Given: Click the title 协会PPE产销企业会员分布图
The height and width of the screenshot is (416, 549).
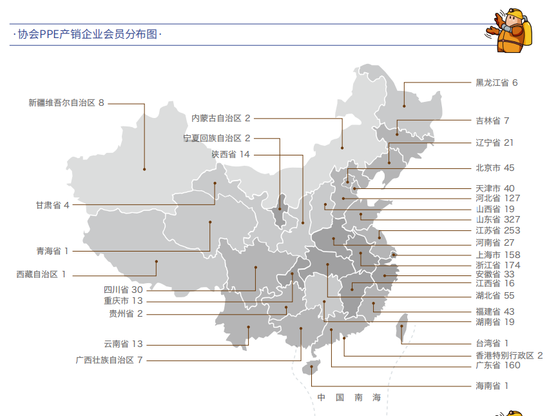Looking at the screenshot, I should click(x=88, y=35).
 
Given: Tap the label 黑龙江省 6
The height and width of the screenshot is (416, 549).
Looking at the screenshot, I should click(x=496, y=83).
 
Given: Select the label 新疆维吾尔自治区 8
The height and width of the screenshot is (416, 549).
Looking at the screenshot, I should click(x=66, y=103).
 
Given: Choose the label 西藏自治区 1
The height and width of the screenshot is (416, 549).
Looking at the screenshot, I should click(x=41, y=274).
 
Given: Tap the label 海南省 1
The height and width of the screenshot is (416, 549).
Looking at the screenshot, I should click(x=492, y=386).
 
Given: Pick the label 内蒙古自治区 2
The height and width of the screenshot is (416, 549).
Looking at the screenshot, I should click(x=220, y=118).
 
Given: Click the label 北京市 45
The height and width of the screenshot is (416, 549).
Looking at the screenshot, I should click(x=495, y=168).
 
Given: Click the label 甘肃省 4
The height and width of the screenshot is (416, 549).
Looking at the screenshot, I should click(x=52, y=205).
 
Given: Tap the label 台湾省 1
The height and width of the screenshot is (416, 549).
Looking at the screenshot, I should click(x=492, y=343).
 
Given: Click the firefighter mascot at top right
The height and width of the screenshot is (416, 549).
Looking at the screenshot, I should click(x=511, y=31).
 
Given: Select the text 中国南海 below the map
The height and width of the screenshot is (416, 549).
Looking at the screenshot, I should click(x=349, y=397).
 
